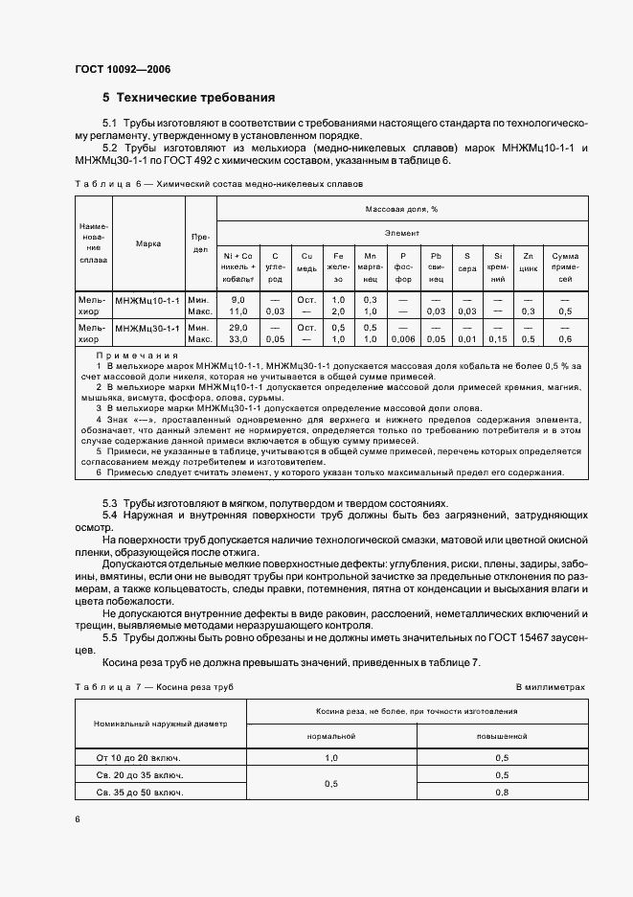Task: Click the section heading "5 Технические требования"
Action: pos(189,98)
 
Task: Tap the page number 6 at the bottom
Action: pos(78,819)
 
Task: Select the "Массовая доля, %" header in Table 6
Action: pos(400,208)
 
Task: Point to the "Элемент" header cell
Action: pos(400,232)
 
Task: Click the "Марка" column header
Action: pos(148,243)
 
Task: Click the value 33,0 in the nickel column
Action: pos(238,339)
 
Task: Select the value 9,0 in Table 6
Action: pos(238,300)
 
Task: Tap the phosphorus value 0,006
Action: pos(403,339)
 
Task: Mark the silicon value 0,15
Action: pos(497,339)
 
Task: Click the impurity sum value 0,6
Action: pos(565,339)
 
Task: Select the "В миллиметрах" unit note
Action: pos(550,687)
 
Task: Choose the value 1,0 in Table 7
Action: pos(331,757)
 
